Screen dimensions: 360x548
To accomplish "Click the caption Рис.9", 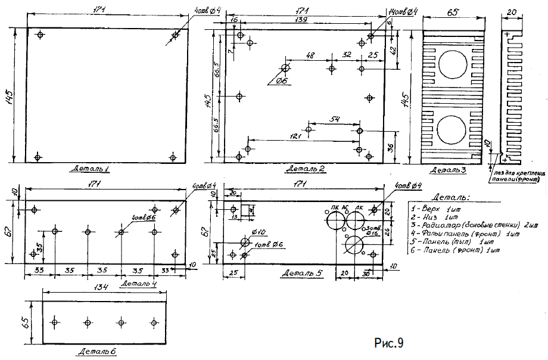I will [x=390, y=343].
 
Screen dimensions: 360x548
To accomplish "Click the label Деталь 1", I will [x=93, y=169].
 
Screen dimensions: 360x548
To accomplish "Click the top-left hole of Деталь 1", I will [x=40, y=35].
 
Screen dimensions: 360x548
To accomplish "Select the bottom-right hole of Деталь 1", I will [x=173, y=157].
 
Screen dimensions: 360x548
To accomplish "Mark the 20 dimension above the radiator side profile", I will [x=512, y=11].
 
